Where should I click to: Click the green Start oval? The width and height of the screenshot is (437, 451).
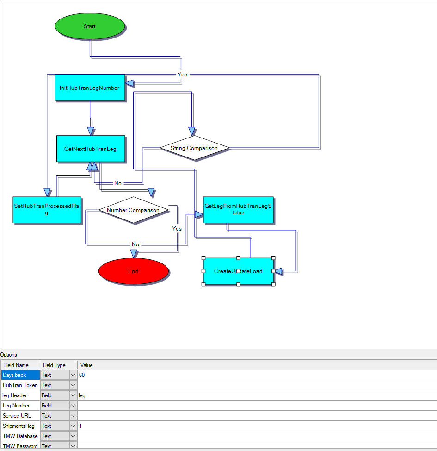(x=90, y=26)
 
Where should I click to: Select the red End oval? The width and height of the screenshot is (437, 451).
(x=133, y=271)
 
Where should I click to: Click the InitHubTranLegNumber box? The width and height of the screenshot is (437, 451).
(x=90, y=88)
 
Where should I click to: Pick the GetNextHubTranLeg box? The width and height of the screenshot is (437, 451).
(x=91, y=149)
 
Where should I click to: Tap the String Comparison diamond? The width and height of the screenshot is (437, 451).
(x=194, y=148)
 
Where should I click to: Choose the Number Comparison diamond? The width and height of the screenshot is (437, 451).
(x=133, y=210)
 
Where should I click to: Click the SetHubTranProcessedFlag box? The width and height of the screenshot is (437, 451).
(x=47, y=210)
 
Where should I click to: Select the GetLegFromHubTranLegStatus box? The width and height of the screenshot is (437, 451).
(x=238, y=209)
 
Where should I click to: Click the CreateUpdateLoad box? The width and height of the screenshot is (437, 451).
(x=238, y=271)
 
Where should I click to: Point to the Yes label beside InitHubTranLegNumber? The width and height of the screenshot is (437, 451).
(x=183, y=75)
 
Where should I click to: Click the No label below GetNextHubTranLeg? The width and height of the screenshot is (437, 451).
(x=118, y=183)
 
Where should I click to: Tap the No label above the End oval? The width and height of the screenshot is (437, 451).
(x=135, y=244)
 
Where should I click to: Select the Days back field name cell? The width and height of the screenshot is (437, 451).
(x=20, y=375)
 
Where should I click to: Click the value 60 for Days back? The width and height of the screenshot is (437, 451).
(x=82, y=375)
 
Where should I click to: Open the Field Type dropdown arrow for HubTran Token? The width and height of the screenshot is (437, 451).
(x=73, y=385)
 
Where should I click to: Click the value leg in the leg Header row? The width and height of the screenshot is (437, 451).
(x=82, y=395)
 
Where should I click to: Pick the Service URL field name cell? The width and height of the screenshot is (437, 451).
(x=20, y=416)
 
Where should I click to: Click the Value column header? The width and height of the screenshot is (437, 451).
(x=86, y=365)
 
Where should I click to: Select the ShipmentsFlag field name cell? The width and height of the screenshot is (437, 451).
(x=20, y=426)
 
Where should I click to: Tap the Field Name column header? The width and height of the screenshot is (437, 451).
(x=17, y=365)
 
